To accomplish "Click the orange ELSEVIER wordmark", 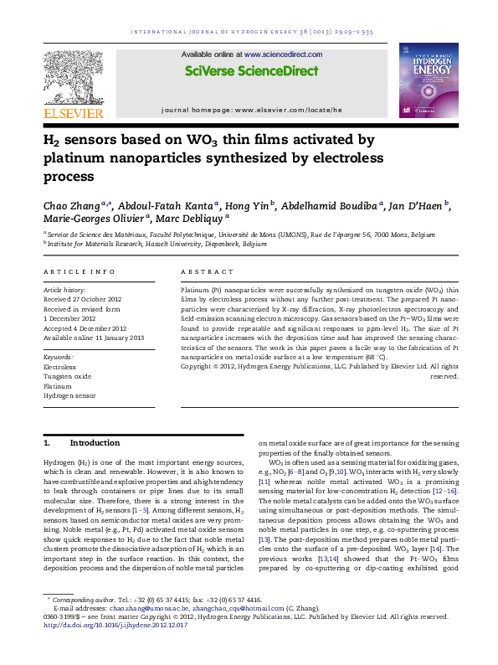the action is pyautogui.click(x=74, y=113).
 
